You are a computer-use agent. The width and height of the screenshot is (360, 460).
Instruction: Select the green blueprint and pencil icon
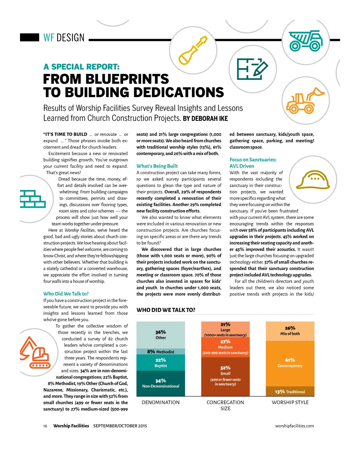coord(252,69)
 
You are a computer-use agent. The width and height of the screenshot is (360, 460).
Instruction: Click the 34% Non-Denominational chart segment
coord(161,383)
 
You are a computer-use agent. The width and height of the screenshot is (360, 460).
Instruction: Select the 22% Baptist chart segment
coord(161,363)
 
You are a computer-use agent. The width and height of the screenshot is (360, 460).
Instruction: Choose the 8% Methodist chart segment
coord(161,352)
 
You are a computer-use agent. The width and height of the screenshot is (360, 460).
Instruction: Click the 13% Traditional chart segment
coord(290,392)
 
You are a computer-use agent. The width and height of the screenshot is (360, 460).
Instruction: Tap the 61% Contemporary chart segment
coord(290,363)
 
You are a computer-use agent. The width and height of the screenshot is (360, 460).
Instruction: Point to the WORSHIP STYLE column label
coord(290,402)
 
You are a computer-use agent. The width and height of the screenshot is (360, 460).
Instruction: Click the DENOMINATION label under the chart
coord(161,402)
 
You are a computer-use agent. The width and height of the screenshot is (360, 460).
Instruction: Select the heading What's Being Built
coord(157,166)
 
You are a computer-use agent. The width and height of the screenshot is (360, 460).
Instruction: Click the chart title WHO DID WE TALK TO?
coord(166,310)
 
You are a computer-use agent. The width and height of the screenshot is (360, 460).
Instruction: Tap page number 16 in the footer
coord(45,426)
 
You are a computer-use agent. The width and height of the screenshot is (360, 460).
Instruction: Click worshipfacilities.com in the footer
coord(294,426)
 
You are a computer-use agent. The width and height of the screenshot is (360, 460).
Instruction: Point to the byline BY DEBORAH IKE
coord(205,119)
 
